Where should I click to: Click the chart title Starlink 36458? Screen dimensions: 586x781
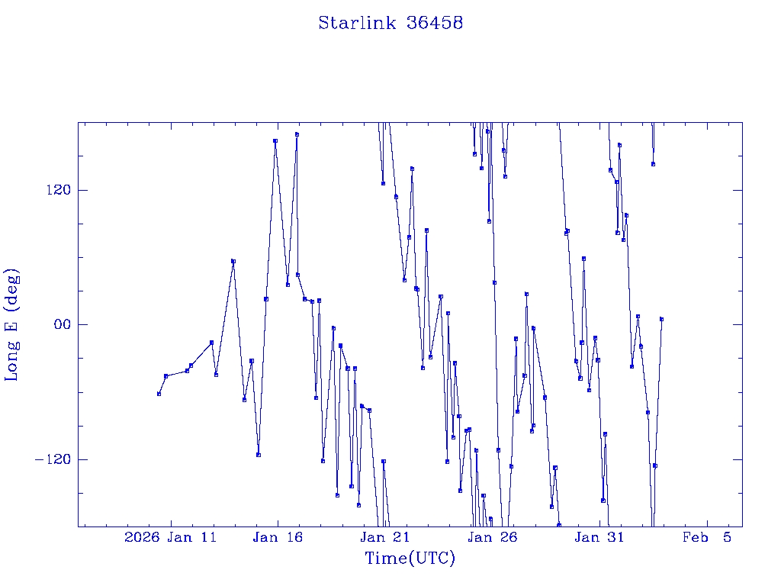[x=390, y=23]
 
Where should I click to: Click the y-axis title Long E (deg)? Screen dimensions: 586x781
[x=12, y=324]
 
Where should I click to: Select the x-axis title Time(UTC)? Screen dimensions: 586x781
[x=410, y=559]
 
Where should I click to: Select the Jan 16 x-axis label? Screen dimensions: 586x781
[x=278, y=537]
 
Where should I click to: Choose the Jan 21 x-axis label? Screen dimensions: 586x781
[x=385, y=537]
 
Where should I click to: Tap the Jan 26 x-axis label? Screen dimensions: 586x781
[x=492, y=537]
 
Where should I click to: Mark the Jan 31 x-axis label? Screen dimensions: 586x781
[x=599, y=537]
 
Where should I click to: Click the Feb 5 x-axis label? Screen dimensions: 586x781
[x=706, y=537]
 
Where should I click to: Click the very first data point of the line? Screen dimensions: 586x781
[x=159, y=394]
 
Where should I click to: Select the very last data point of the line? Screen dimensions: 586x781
[x=661, y=319]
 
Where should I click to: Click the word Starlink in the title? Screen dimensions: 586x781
[x=357, y=23]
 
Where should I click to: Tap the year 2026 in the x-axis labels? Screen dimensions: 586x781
[x=141, y=537]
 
